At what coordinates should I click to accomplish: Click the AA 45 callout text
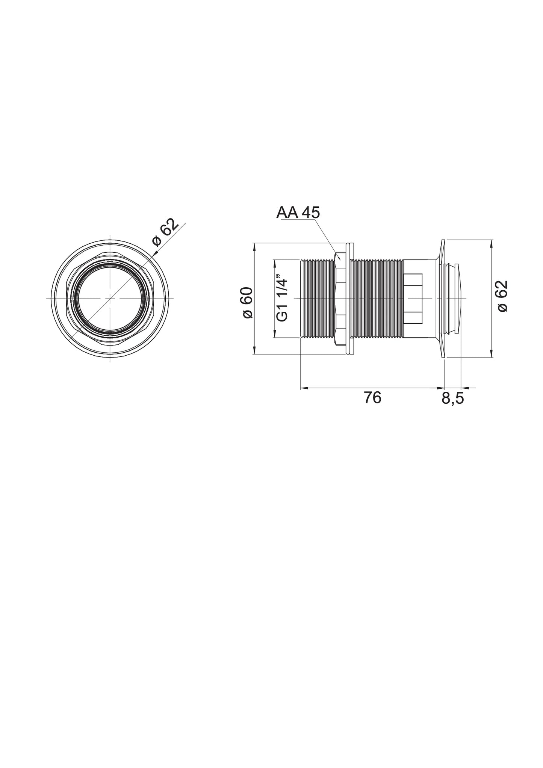(x=298, y=213)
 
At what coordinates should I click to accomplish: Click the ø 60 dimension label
(x=248, y=303)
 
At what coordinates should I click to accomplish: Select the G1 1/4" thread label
(x=281, y=300)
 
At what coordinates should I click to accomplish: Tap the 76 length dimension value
(x=372, y=398)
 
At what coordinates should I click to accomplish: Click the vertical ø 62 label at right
(x=502, y=296)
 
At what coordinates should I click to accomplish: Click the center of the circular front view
(x=110, y=299)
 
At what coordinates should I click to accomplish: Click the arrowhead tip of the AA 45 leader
(x=340, y=260)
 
